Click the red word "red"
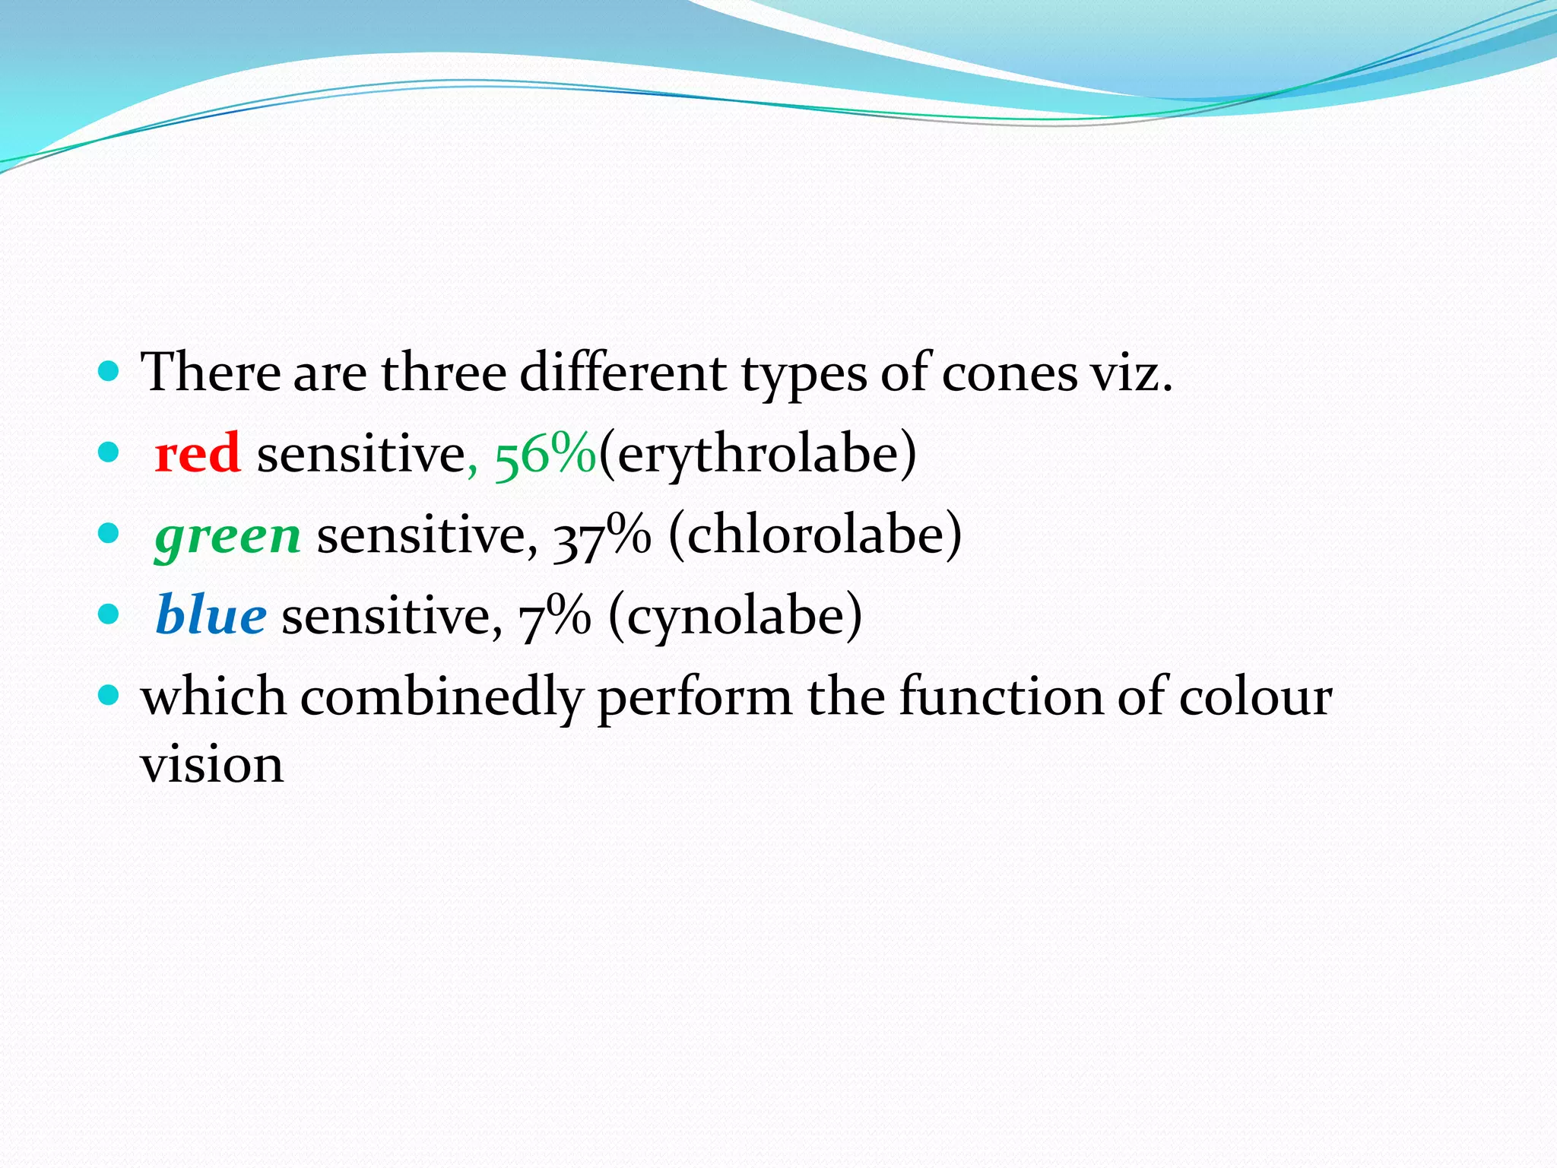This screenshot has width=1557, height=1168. coord(198,454)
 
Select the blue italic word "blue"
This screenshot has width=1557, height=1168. coord(211,616)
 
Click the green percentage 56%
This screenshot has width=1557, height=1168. coord(545,455)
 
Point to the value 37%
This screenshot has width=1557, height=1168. coord(601,536)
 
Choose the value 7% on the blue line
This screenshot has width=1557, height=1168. coord(554,617)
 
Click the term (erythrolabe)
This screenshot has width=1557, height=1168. coord(758,455)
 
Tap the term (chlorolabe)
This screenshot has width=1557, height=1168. coord(815,536)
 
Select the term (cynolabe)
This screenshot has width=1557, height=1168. coord(735,617)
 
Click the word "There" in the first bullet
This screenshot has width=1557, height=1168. coord(211,373)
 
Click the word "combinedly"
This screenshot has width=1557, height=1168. coord(442,698)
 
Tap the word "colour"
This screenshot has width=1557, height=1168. coord(1255,697)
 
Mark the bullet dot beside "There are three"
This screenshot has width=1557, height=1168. coord(109,372)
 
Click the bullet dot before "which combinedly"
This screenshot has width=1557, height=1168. coord(109,695)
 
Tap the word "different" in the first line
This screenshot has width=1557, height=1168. coord(623,373)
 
